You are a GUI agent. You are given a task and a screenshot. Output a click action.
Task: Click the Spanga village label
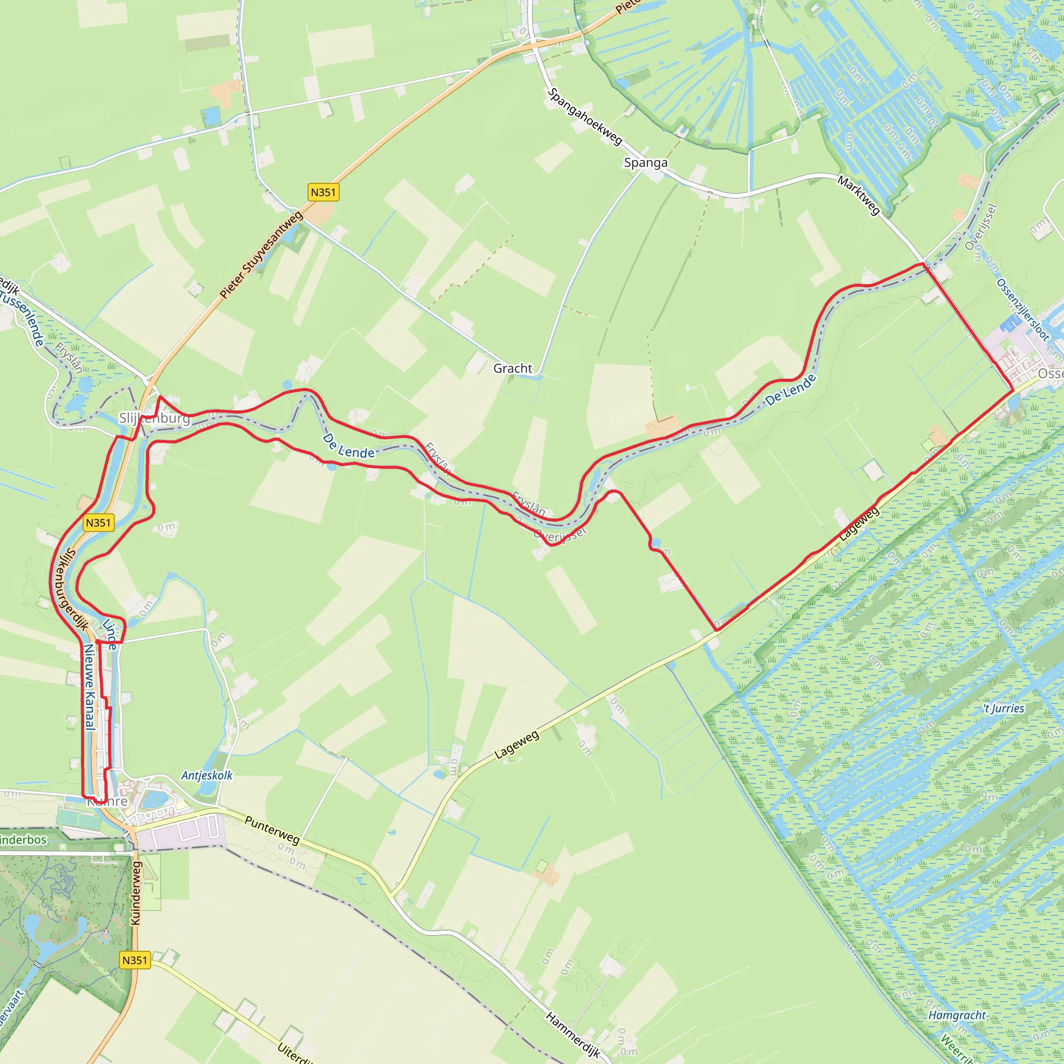click(x=645, y=163)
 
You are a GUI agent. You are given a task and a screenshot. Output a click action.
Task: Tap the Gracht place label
click(x=513, y=368)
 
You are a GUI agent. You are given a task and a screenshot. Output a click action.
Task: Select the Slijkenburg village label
click(x=155, y=419)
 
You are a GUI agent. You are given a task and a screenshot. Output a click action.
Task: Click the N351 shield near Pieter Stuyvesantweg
click(x=323, y=192)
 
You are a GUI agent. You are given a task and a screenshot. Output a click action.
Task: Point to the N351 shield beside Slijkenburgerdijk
click(x=99, y=523)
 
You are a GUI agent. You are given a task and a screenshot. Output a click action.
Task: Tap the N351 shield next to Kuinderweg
click(x=135, y=961)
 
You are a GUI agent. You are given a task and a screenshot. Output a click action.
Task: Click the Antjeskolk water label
click(x=207, y=776)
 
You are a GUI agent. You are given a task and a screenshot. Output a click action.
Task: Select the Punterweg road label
click(x=272, y=831)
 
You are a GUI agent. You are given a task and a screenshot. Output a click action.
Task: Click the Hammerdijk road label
click(x=573, y=1034)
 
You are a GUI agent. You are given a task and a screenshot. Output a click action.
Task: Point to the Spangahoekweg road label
click(x=585, y=117)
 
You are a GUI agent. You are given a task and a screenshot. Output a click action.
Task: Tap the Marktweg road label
click(x=859, y=195)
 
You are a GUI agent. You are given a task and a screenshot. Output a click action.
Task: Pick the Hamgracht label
click(x=957, y=1015)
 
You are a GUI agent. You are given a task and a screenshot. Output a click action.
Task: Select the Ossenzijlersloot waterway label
click(x=1022, y=310)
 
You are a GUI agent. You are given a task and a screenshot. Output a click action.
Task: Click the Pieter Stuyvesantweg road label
click(x=262, y=255)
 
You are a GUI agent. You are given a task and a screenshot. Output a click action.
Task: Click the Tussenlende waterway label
click(x=22, y=319)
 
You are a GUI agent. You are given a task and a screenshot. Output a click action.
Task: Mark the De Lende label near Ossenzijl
click(x=790, y=391)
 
